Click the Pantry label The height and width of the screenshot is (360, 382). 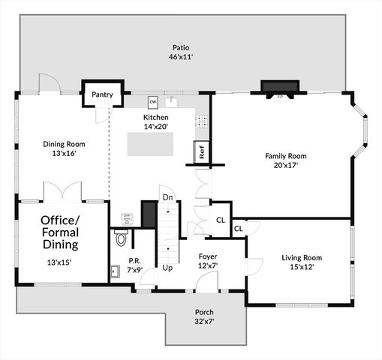pos(102,95)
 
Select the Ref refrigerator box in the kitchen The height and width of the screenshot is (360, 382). pos(201,151)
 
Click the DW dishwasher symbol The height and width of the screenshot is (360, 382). pos(153,101)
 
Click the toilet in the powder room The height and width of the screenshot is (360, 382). pos(121,239)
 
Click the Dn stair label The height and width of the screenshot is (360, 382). pos(167,197)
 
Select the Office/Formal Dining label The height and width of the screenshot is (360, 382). pos(59,232)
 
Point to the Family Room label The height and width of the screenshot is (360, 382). pos(286,156)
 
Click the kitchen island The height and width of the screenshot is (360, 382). pos(149,142)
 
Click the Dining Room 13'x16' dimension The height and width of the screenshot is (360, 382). pos(64,154)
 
